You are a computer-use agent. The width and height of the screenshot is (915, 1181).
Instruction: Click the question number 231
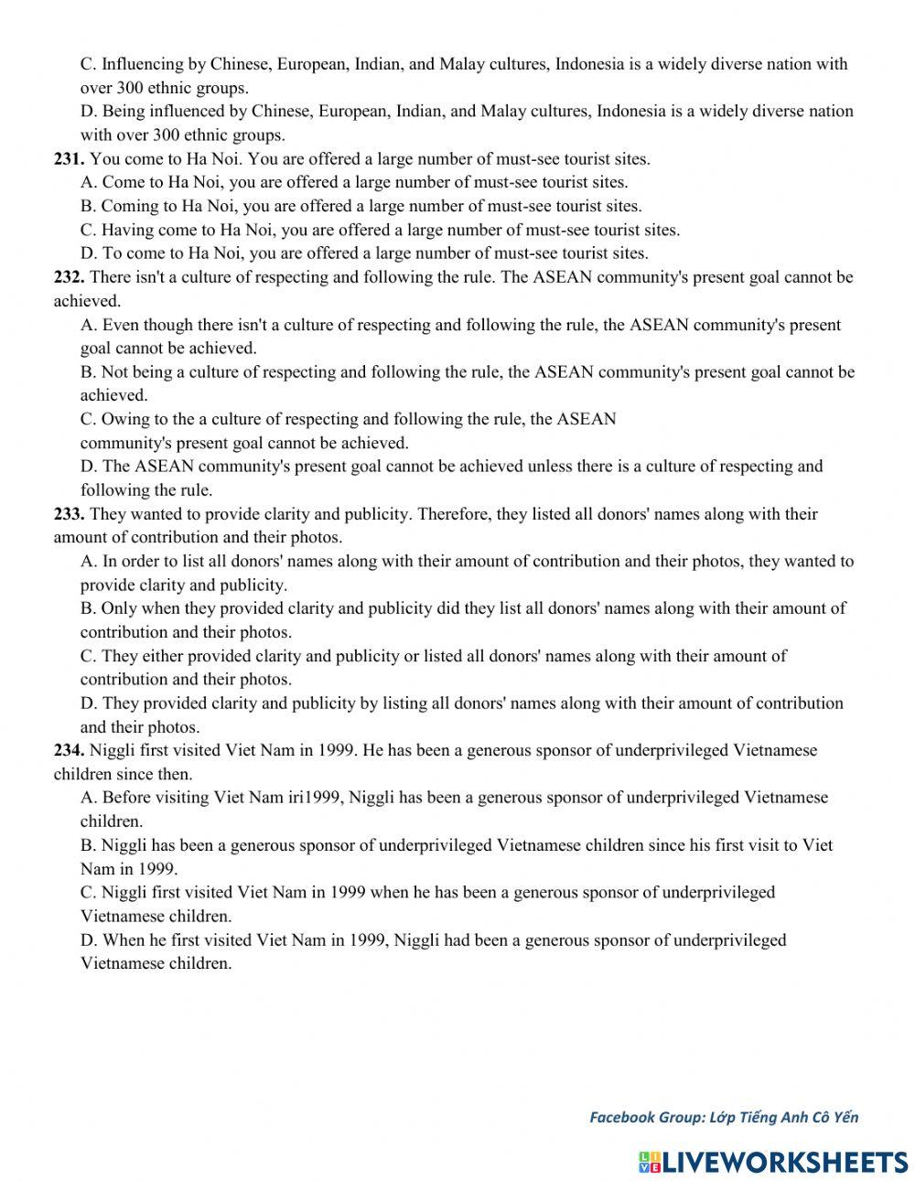coord(69,159)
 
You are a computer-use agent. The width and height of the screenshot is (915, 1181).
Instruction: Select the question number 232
coord(69,277)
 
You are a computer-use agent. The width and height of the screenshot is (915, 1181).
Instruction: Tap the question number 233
coord(69,514)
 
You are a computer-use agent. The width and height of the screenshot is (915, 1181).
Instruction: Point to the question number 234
coord(69,750)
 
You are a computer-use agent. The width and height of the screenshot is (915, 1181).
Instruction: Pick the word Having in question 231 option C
coord(126,230)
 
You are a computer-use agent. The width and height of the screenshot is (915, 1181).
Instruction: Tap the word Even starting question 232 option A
coord(121,325)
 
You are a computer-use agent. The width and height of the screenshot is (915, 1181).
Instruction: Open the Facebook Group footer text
coord(723,1116)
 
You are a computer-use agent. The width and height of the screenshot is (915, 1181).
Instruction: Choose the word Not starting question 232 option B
coord(115,372)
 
